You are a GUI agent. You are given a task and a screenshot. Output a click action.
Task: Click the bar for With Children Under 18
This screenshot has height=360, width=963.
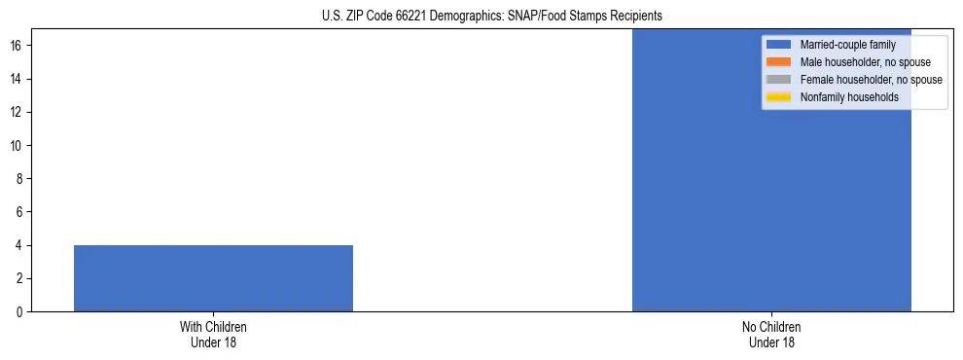213,278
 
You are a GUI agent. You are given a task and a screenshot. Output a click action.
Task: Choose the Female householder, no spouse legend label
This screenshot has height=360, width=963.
871,80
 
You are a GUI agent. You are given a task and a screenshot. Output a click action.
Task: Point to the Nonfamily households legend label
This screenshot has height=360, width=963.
849,97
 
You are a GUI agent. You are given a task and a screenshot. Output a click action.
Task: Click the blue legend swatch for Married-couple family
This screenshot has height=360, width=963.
779,45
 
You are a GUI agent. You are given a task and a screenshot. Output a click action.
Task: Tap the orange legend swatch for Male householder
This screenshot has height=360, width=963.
779,62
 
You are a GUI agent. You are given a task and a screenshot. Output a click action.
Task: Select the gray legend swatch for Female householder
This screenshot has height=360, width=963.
779,80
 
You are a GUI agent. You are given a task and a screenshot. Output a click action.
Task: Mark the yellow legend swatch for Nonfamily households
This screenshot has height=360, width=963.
779,97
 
